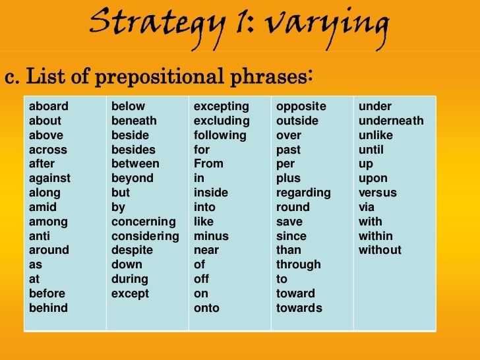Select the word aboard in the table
(x=48, y=107)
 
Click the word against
(x=49, y=179)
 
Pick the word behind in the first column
(x=48, y=308)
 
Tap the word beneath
(x=134, y=121)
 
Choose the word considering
(x=145, y=236)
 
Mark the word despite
(x=132, y=251)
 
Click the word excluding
(x=222, y=121)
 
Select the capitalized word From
(x=208, y=164)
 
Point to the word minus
(x=211, y=236)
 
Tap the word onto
(x=206, y=308)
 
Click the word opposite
(x=301, y=107)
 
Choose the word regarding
(x=303, y=193)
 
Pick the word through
(x=298, y=265)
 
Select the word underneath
(x=391, y=121)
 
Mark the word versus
(x=377, y=193)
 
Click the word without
(x=380, y=251)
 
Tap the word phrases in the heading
(x=267, y=77)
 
